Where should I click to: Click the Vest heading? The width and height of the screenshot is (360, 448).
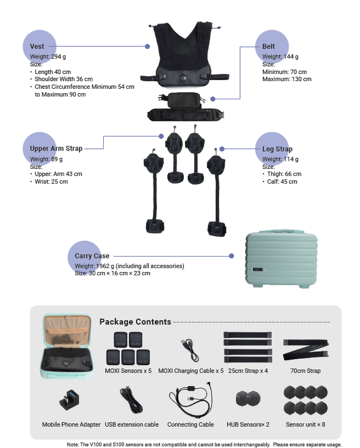click(x=37, y=46)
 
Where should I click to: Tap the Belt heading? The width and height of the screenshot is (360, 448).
click(x=268, y=46)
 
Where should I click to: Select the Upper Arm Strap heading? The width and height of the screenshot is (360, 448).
click(x=56, y=148)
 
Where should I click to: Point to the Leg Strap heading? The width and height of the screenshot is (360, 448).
click(x=277, y=149)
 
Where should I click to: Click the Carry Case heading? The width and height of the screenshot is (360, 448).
click(x=92, y=256)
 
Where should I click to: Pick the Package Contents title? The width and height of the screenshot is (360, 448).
click(x=135, y=322)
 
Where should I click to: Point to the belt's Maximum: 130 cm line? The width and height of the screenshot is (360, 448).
click(x=287, y=79)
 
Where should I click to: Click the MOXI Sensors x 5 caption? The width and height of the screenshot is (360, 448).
click(x=128, y=371)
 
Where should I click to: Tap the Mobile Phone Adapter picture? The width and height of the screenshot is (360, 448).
click(x=71, y=399)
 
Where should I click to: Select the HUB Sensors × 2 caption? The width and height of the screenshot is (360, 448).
click(x=248, y=424)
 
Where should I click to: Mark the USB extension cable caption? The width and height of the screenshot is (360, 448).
click(x=131, y=424)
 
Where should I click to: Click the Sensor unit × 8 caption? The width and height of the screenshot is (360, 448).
click(x=305, y=424)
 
